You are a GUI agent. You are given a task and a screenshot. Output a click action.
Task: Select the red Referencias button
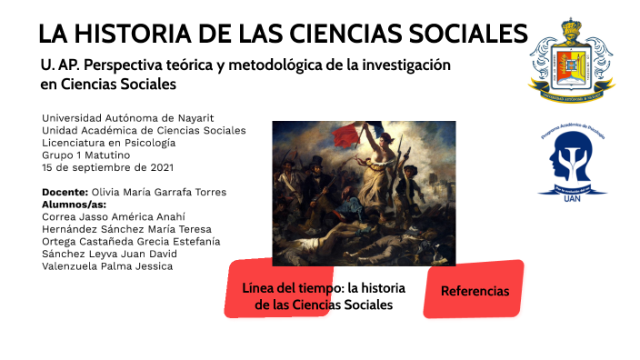474,291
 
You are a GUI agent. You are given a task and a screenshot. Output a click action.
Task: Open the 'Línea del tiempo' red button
324,296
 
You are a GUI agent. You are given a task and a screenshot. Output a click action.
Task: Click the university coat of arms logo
572,62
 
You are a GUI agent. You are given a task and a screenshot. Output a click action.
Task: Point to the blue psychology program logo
572,156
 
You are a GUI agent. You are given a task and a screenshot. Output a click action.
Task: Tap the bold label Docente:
65,192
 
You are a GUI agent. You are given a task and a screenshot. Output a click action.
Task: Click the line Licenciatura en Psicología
109,143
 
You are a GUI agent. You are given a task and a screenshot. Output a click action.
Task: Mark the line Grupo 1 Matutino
86,155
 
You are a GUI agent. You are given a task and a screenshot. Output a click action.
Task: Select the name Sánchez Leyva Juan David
109,255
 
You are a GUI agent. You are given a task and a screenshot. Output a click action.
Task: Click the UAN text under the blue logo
572,196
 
